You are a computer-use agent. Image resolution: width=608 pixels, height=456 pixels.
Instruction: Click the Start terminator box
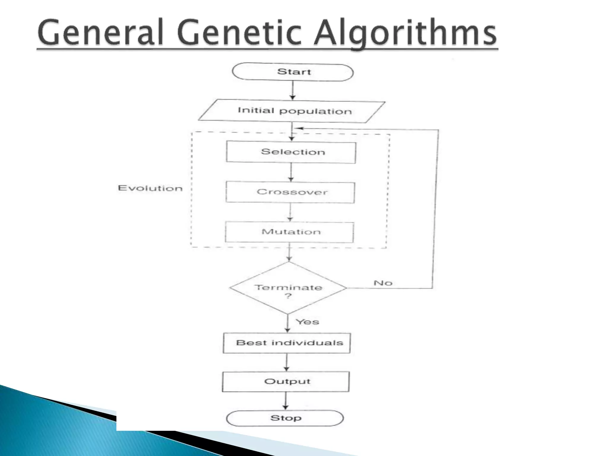coord(293,72)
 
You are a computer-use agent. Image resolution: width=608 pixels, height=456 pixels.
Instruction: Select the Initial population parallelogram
coord(292,111)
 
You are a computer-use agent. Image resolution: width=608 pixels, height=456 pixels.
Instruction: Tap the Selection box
coord(291,152)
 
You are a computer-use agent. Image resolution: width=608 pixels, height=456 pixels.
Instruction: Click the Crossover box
coord(290,192)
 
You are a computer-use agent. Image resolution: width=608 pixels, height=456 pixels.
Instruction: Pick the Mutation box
coord(290,232)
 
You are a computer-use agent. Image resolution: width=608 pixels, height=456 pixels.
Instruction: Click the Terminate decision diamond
coord(288,288)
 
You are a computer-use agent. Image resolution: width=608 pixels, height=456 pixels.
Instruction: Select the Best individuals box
coord(287,343)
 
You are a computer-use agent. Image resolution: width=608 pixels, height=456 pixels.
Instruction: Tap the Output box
coord(286,381)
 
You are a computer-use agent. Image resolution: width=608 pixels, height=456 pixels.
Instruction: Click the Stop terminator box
coord(285,418)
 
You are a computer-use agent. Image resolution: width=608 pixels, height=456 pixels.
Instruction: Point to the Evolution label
coord(150,188)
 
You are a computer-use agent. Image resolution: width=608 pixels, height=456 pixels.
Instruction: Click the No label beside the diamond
coord(383,283)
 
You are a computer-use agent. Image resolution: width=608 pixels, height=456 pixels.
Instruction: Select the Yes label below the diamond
coord(308,322)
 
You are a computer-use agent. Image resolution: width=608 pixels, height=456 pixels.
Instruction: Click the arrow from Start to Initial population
coord(293,90)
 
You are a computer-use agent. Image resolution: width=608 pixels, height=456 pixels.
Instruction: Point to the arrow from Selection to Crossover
coord(291,172)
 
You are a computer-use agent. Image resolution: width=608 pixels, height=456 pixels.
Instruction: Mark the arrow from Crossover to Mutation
coord(290,212)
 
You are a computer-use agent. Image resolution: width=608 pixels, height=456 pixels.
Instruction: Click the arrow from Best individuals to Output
coord(286,362)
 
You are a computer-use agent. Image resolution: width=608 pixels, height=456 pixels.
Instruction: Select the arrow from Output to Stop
coord(286,401)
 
